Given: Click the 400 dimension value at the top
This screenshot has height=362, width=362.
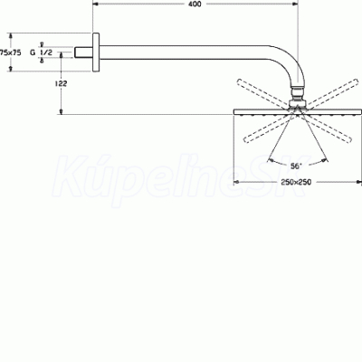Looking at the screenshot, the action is (x=195, y=4).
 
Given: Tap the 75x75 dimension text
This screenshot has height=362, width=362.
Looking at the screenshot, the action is (x=11, y=52).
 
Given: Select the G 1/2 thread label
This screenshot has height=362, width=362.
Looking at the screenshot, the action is (x=41, y=52).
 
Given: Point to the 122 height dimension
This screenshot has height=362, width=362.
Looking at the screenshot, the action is (x=61, y=83).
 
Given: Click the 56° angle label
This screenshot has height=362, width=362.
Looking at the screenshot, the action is (x=296, y=166).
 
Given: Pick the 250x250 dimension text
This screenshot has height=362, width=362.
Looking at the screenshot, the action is (x=296, y=182).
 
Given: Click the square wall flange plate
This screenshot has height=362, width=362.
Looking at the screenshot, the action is (x=96, y=52).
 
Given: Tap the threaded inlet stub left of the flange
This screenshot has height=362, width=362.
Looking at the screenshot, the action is (x=83, y=52).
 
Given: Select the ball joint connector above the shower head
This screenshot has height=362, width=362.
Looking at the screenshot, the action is (x=298, y=96).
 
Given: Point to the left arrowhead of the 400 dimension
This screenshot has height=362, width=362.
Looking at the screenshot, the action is (x=95, y=4).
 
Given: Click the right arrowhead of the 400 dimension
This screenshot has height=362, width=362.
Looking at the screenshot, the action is (x=295, y=4).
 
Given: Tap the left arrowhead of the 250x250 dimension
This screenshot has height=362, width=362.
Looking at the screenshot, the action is (x=237, y=182).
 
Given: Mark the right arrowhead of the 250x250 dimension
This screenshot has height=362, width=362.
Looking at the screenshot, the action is (x=358, y=182).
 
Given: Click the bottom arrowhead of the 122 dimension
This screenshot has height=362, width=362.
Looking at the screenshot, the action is (x=62, y=111).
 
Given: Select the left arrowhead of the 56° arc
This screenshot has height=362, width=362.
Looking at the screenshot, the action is (x=271, y=159).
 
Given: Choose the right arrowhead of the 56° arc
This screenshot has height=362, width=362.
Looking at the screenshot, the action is (x=324, y=160).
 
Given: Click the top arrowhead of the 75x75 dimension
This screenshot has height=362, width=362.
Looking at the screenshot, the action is (x=11, y=36).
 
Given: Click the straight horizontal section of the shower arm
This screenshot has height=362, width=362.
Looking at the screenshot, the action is (x=184, y=52).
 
